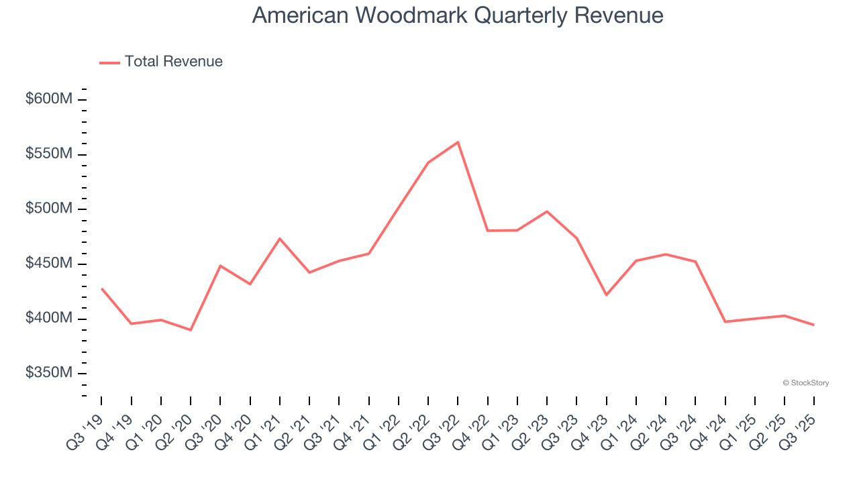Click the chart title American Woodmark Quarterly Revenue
[458, 15]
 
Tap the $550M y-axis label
[49, 154]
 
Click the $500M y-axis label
[49, 209]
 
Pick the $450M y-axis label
[49, 264]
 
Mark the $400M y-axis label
[49, 318]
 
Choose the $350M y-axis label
[49, 373]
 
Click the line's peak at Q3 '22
[458, 142]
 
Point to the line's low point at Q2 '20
[191, 330]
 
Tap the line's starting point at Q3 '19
[101, 288]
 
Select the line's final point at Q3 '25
[813, 325]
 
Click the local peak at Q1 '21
[280, 239]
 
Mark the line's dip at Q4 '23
[606, 295]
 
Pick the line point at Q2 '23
[547, 211]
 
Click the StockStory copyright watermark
[805, 383]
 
